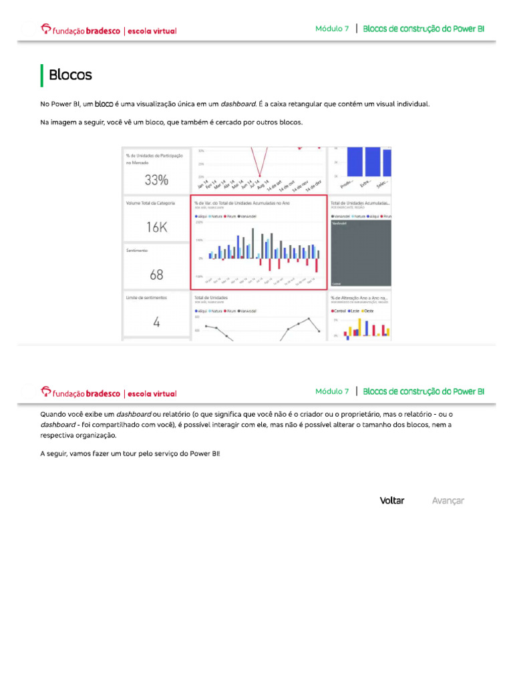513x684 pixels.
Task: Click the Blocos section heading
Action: tap(70, 75)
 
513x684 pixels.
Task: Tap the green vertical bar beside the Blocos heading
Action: tap(42, 75)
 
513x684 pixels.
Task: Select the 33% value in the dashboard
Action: tap(156, 180)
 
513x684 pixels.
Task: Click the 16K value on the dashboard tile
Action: tap(156, 227)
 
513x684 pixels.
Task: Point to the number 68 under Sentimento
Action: tap(156, 275)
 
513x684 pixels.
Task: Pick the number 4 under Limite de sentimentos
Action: tap(156, 322)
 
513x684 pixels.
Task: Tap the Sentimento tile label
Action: tap(136, 250)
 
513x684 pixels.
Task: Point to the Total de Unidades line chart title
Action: tap(211, 297)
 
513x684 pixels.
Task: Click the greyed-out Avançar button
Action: tap(448, 500)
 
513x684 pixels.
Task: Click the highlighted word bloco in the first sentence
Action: tap(104, 104)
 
